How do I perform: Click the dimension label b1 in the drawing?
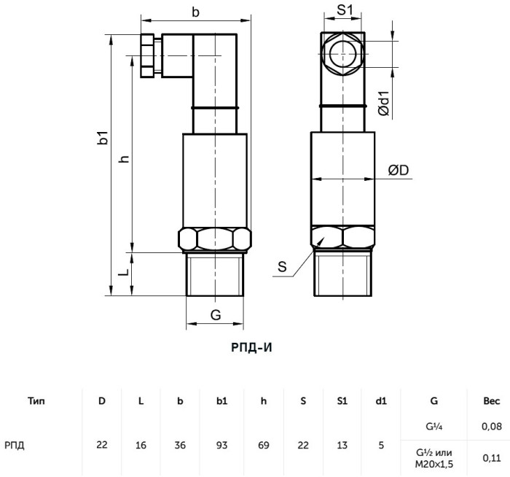coord(103,137)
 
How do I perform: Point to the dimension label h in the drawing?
coord(125,159)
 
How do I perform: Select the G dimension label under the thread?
coord(216,315)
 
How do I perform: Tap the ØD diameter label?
coord(399,170)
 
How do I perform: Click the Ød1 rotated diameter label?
coord(384,104)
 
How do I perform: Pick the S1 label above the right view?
coord(345,10)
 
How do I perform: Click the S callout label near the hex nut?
coord(282,267)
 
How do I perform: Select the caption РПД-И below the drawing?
coord(251,348)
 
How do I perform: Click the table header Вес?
coord(492,401)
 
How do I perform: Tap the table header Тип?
coord(36,401)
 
